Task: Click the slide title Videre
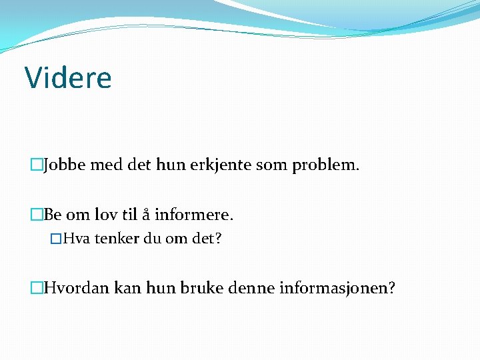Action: [68, 77]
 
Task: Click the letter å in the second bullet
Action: [145, 215]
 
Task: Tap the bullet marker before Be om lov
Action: [36, 215]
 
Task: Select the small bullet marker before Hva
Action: [56, 239]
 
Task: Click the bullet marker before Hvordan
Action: [36, 288]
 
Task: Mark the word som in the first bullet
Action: [273, 165]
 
